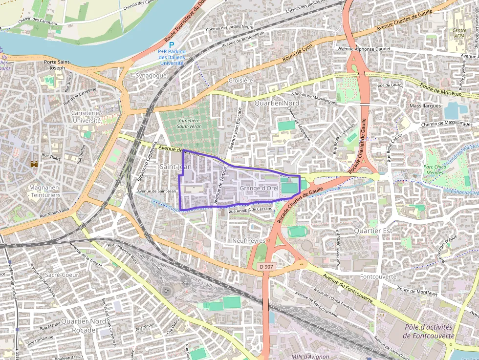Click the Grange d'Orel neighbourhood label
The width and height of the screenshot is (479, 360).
(258, 188)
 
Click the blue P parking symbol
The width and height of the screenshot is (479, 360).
(172, 44)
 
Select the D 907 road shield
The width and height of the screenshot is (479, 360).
(266, 266)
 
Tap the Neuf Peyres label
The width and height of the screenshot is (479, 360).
(249, 241)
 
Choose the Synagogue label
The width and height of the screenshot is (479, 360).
(151, 76)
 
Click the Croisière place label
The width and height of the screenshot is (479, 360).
(240, 80)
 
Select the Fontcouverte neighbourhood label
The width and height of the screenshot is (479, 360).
(378, 276)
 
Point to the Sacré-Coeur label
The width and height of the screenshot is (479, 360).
(62, 275)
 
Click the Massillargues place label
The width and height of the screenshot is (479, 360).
(425, 106)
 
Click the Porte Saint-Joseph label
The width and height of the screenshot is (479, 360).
(58, 64)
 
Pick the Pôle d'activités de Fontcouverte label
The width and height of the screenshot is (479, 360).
(428, 331)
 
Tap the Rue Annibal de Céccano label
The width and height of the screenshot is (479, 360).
(250, 210)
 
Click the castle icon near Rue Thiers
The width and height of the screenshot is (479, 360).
(34, 165)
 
